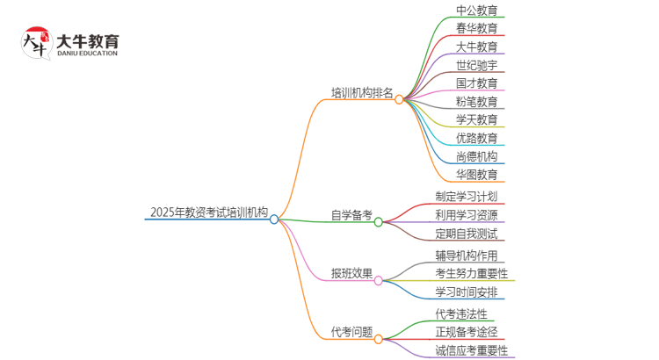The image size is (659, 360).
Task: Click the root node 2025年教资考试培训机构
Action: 209,212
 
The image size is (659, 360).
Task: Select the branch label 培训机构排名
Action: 362,92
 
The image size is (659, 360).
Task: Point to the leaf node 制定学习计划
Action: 466,197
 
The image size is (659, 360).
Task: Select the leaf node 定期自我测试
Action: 466,234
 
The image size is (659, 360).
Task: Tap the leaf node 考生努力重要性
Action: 471,273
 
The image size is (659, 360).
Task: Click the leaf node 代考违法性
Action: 460,313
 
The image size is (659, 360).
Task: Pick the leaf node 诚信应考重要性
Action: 471,350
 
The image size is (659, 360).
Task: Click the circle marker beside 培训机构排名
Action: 399,99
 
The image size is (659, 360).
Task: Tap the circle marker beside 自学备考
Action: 379,222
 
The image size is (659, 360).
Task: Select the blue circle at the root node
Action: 274,220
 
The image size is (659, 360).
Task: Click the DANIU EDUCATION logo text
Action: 86,54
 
